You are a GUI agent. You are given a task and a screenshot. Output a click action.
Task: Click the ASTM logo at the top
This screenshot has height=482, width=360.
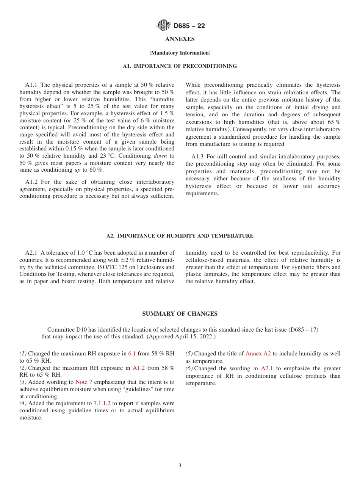pyautogui.click(x=164, y=26)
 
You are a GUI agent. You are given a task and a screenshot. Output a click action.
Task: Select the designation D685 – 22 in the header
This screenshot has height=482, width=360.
pyautogui.click(x=189, y=26)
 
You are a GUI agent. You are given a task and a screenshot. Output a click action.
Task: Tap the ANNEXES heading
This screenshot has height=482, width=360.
pyautogui.click(x=180, y=39)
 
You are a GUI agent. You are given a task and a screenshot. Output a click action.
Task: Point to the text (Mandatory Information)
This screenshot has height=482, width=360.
pyautogui.click(x=180, y=53)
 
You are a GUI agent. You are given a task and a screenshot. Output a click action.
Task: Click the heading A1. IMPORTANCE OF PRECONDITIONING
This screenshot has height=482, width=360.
pyautogui.click(x=180, y=66)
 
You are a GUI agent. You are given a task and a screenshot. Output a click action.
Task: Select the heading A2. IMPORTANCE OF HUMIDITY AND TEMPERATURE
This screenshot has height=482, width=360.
pyautogui.click(x=180, y=236)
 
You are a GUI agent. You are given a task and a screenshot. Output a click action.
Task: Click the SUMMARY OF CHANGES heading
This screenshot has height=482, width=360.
pyautogui.click(x=180, y=314)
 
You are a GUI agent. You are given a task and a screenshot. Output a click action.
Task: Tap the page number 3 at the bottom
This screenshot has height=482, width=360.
pyautogui.click(x=180, y=466)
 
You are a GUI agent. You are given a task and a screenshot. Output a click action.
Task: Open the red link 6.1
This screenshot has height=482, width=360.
pyautogui.click(x=132, y=354)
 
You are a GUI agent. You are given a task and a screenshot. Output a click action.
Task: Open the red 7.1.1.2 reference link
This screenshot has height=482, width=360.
pyautogui.click(x=102, y=403)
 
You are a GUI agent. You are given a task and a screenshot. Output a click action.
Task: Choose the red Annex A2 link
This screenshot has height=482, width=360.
pyautogui.click(x=258, y=354)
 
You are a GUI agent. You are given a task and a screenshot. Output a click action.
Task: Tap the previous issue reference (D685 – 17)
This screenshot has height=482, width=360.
pyautogui.click(x=303, y=330)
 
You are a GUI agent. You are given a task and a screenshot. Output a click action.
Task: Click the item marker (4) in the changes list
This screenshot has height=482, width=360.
pyautogui.click(x=23, y=403)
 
